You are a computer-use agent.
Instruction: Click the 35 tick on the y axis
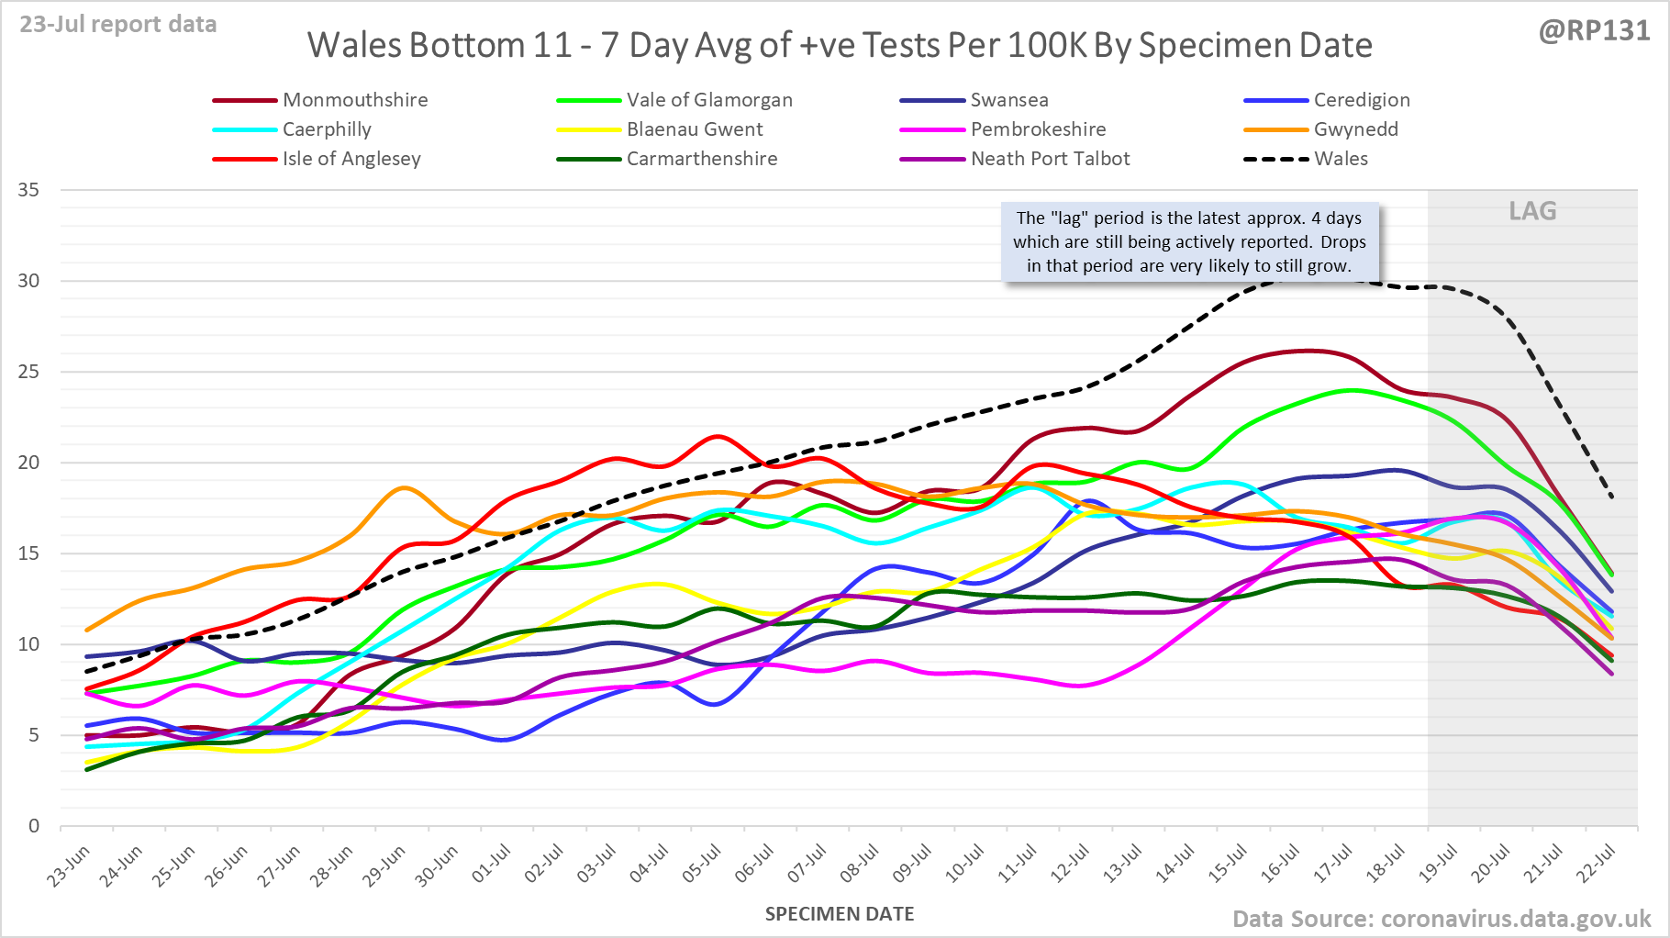[x=28, y=190]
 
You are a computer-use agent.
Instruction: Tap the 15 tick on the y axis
[x=28, y=553]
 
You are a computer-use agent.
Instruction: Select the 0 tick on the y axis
[x=34, y=826]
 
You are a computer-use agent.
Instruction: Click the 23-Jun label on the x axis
[x=70, y=865]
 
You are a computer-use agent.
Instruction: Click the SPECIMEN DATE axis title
[x=840, y=914]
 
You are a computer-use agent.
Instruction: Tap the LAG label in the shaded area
[x=1532, y=211]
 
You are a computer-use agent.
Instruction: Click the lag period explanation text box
[x=1189, y=242]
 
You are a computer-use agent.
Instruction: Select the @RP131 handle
[x=1594, y=30]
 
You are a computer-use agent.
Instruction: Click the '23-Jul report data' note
[x=118, y=24]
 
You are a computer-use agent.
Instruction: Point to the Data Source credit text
[x=1441, y=919]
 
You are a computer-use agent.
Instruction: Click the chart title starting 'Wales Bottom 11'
[x=840, y=45]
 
